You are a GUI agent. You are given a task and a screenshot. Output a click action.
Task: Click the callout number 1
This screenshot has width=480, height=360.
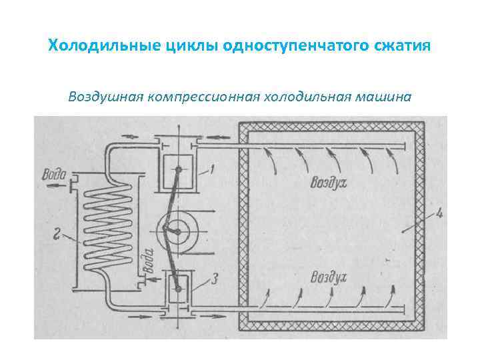coord(211,170)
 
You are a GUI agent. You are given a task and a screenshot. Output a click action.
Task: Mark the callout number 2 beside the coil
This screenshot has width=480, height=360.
coord(58,233)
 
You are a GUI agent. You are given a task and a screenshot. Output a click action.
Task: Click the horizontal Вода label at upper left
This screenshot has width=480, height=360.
coord(53,175)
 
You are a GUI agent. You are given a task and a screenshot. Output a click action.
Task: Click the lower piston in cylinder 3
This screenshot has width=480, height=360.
coord(178,286)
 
